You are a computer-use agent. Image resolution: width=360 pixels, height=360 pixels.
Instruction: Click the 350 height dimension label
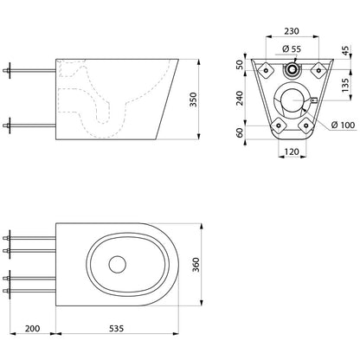pos(193,100)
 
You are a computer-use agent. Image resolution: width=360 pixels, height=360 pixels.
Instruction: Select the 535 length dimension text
pos(116,328)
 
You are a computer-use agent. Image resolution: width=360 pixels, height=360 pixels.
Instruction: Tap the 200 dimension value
pos(32,328)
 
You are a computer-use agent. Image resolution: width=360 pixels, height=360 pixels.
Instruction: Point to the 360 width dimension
pos(196,265)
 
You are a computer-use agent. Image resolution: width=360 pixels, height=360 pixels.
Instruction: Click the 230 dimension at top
pos(292,31)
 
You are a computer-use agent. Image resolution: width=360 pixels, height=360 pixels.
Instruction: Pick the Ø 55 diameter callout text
pos(292,49)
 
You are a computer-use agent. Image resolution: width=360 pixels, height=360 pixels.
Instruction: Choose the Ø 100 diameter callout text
pos(343,125)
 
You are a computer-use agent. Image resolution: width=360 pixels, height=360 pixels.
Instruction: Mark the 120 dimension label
pos(292,151)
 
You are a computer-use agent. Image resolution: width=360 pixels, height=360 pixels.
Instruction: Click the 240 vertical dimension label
pos(240,98)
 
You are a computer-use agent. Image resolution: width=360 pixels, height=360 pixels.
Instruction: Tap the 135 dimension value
pos(345,85)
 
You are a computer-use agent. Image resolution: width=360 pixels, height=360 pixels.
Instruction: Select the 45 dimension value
pos(345,50)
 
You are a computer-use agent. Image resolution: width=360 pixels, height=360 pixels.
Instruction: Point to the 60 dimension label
pos(240,132)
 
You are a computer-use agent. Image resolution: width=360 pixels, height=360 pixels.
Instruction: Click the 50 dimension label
pos(240,65)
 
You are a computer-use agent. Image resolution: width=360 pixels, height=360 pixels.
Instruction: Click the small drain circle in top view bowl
pos(118,265)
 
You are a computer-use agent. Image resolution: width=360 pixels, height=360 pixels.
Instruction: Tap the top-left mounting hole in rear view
pos(266,70)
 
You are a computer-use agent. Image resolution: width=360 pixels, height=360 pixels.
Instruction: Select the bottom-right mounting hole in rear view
pos(305,125)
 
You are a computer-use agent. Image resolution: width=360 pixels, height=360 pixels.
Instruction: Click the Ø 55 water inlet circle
pos(292,69)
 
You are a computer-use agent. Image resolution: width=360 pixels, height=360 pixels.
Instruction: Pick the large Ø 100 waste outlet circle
pos(292,100)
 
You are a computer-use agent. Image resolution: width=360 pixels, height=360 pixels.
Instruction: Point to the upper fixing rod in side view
pos(29,70)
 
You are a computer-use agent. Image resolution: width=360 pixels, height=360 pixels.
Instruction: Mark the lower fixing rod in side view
pos(29,125)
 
